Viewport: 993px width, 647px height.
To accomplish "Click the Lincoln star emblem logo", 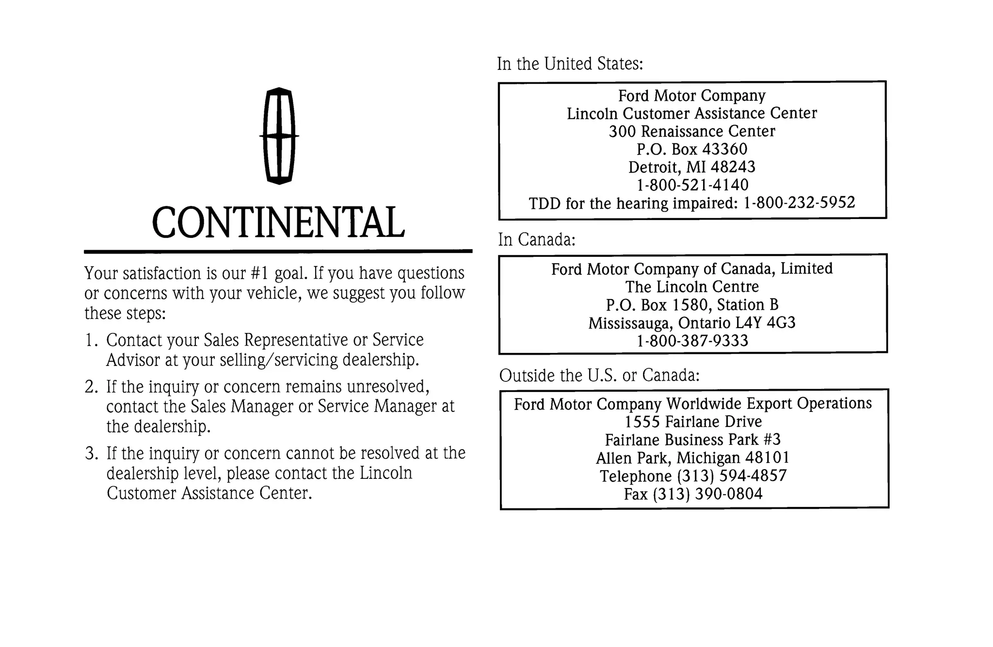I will click(279, 136).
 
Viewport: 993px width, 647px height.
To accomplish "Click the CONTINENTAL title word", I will click(278, 223).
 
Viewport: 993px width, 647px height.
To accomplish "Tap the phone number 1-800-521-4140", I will click(692, 185).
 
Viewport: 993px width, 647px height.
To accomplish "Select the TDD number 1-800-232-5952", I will click(799, 203).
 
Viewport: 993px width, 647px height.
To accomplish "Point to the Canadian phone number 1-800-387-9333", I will click(692, 341).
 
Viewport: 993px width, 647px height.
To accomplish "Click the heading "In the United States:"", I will click(570, 64).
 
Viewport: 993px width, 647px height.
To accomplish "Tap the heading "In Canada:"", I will click(537, 239).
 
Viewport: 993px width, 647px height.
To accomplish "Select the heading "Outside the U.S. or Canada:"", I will click(599, 376).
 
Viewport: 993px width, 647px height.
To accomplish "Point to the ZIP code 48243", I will click(733, 167).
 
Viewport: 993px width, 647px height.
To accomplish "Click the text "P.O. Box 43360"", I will click(692, 149).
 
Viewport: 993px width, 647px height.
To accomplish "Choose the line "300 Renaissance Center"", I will click(692, 131).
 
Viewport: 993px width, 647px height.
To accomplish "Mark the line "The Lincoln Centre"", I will click(692, 287).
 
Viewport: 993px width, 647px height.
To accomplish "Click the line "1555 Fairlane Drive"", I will click(693, 422).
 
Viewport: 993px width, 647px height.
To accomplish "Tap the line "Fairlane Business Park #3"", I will click(693, 440).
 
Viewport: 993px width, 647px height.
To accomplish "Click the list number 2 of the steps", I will click(91, 387).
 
